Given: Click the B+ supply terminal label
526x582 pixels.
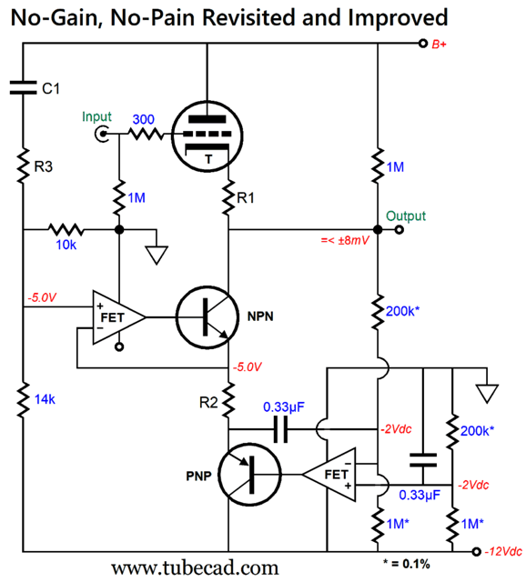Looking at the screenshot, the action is tap(439, 45).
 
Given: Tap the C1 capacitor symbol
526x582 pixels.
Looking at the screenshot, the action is tap(23, 87).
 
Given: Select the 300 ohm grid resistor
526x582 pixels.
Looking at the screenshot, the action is tap(146, 134).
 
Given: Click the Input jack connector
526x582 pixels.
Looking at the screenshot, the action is tap(102, 134).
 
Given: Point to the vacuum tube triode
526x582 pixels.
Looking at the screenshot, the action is tap(207, 136).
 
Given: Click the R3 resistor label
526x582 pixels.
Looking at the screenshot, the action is tap(44, 166).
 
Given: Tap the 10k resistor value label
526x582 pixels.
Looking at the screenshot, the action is tap(66, 245).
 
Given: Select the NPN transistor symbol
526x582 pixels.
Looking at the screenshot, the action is tap(207, 317).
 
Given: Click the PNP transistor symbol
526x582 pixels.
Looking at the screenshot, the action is tap(249, 475).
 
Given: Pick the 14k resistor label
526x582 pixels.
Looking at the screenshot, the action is tap(45, 399).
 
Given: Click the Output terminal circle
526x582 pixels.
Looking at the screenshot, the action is tap(399, 230).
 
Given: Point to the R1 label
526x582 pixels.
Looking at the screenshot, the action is tap(246, 198).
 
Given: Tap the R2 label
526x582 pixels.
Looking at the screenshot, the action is tap(208, 402).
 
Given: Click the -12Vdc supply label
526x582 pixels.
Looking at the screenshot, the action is tap(503, 552).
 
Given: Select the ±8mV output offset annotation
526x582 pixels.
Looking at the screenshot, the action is tap(345, 240).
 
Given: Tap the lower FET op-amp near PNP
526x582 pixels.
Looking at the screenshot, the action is tap(329, 475).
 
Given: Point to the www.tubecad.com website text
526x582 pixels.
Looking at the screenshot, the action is tap(195, 567).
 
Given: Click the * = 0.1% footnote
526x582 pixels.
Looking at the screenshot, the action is tap(407, 564).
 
